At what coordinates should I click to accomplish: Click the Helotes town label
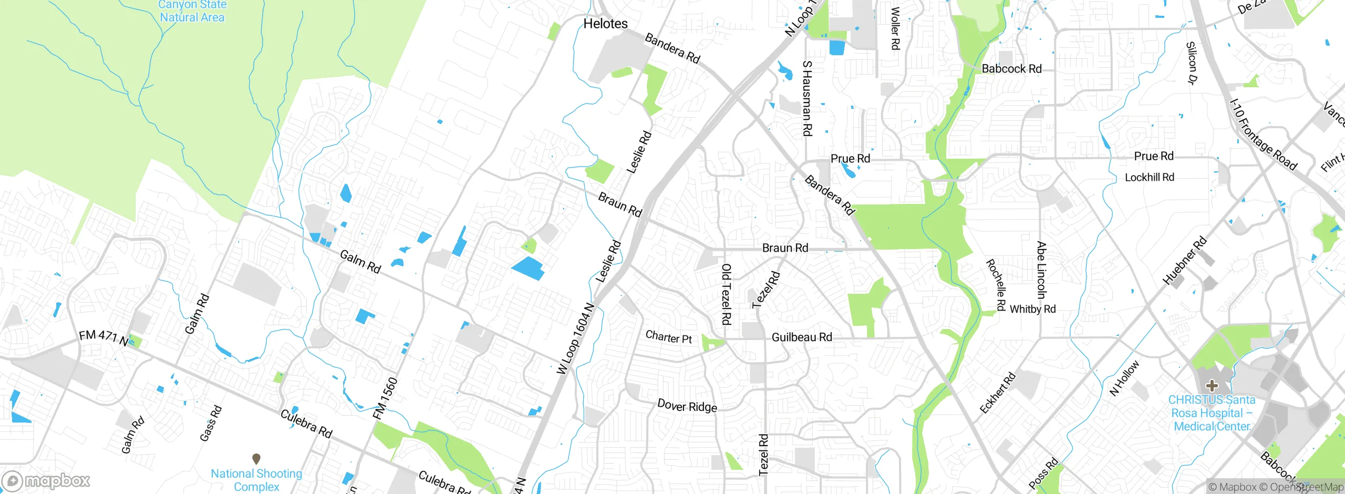[605, 24]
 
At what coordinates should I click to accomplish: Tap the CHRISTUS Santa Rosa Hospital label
[1212, 414]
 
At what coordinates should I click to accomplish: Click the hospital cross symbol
[1212, 386]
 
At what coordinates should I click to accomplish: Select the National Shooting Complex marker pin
[256, 459]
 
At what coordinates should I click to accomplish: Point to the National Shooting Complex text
[256, 480]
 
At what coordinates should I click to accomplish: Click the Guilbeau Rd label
[802, 337]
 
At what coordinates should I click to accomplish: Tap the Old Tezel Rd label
[726, 294]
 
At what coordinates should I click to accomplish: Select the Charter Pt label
[668, 337]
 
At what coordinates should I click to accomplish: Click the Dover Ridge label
[687, 406]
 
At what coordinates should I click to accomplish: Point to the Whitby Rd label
[1032, 309]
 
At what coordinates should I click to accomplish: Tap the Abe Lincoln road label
[1041, 270]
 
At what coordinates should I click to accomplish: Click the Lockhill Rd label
[1149, 177]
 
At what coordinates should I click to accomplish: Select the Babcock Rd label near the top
[1011, 69]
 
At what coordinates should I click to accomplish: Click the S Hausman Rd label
[807, 98]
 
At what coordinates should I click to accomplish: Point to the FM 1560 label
[385, 398]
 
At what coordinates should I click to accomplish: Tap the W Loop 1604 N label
[576, 339]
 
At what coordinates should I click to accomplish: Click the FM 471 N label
[104, 337]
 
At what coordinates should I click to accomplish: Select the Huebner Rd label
[1185, 261]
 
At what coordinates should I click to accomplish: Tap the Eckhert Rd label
[998, 393]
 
